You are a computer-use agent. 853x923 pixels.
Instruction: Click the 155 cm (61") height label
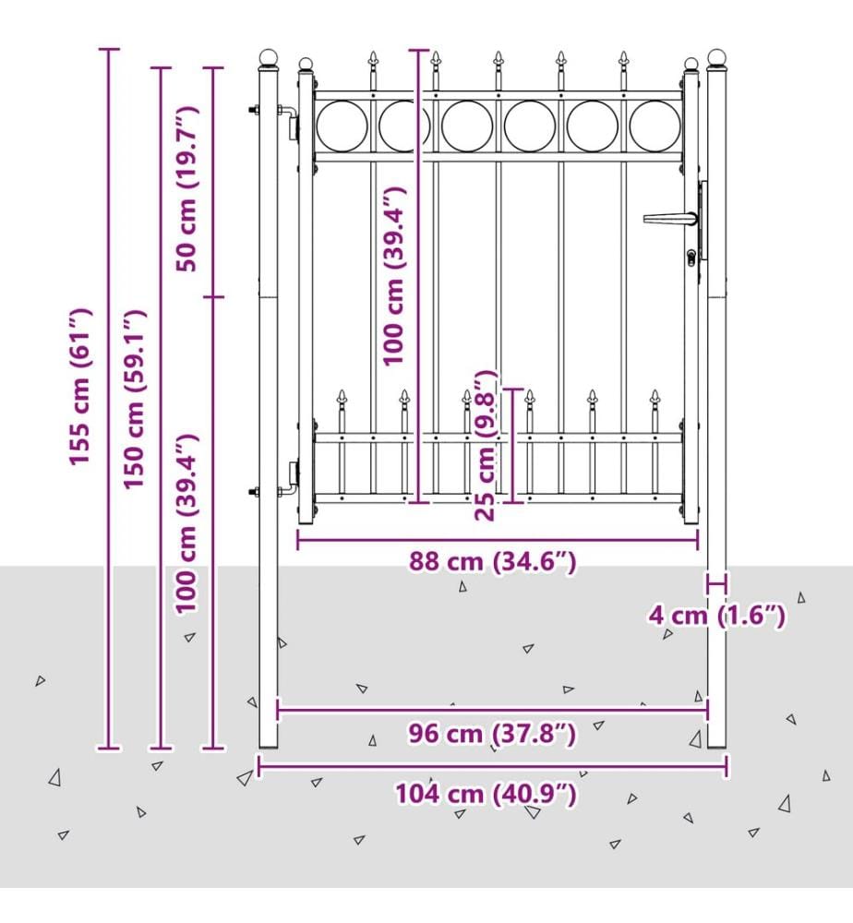pos(80,386)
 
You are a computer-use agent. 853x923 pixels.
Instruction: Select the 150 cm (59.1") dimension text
pos(134,399)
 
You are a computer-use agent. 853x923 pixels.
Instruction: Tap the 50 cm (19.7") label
pos(187,189)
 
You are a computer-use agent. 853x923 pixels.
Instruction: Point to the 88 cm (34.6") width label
pos(492,561)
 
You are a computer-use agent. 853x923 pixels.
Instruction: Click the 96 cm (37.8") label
pos(492,734)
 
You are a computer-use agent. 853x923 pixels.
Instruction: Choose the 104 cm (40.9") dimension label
pos(486,794)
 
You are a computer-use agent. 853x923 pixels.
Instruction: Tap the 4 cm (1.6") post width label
pos(717,616)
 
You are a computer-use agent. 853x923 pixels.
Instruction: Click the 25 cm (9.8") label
pos(487,445)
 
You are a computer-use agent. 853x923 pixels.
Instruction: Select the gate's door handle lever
pos(670,219)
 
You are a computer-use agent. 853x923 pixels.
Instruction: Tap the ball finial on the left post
pos(269,57)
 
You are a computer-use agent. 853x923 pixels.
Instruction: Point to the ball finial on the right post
pos(716,57)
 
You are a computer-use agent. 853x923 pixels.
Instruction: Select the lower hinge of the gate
pos(291,478)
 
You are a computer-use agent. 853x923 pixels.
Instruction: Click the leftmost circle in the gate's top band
pos(342,126)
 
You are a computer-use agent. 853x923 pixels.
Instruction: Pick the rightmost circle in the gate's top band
pos(655,126)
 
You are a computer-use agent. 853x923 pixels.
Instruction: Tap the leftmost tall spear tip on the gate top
pos(373,58)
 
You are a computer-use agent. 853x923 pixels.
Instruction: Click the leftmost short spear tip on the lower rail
pos(342,397)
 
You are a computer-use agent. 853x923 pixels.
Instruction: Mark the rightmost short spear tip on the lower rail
pos(655,397)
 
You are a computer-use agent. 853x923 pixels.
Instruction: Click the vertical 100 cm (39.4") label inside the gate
pos(393,276)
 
